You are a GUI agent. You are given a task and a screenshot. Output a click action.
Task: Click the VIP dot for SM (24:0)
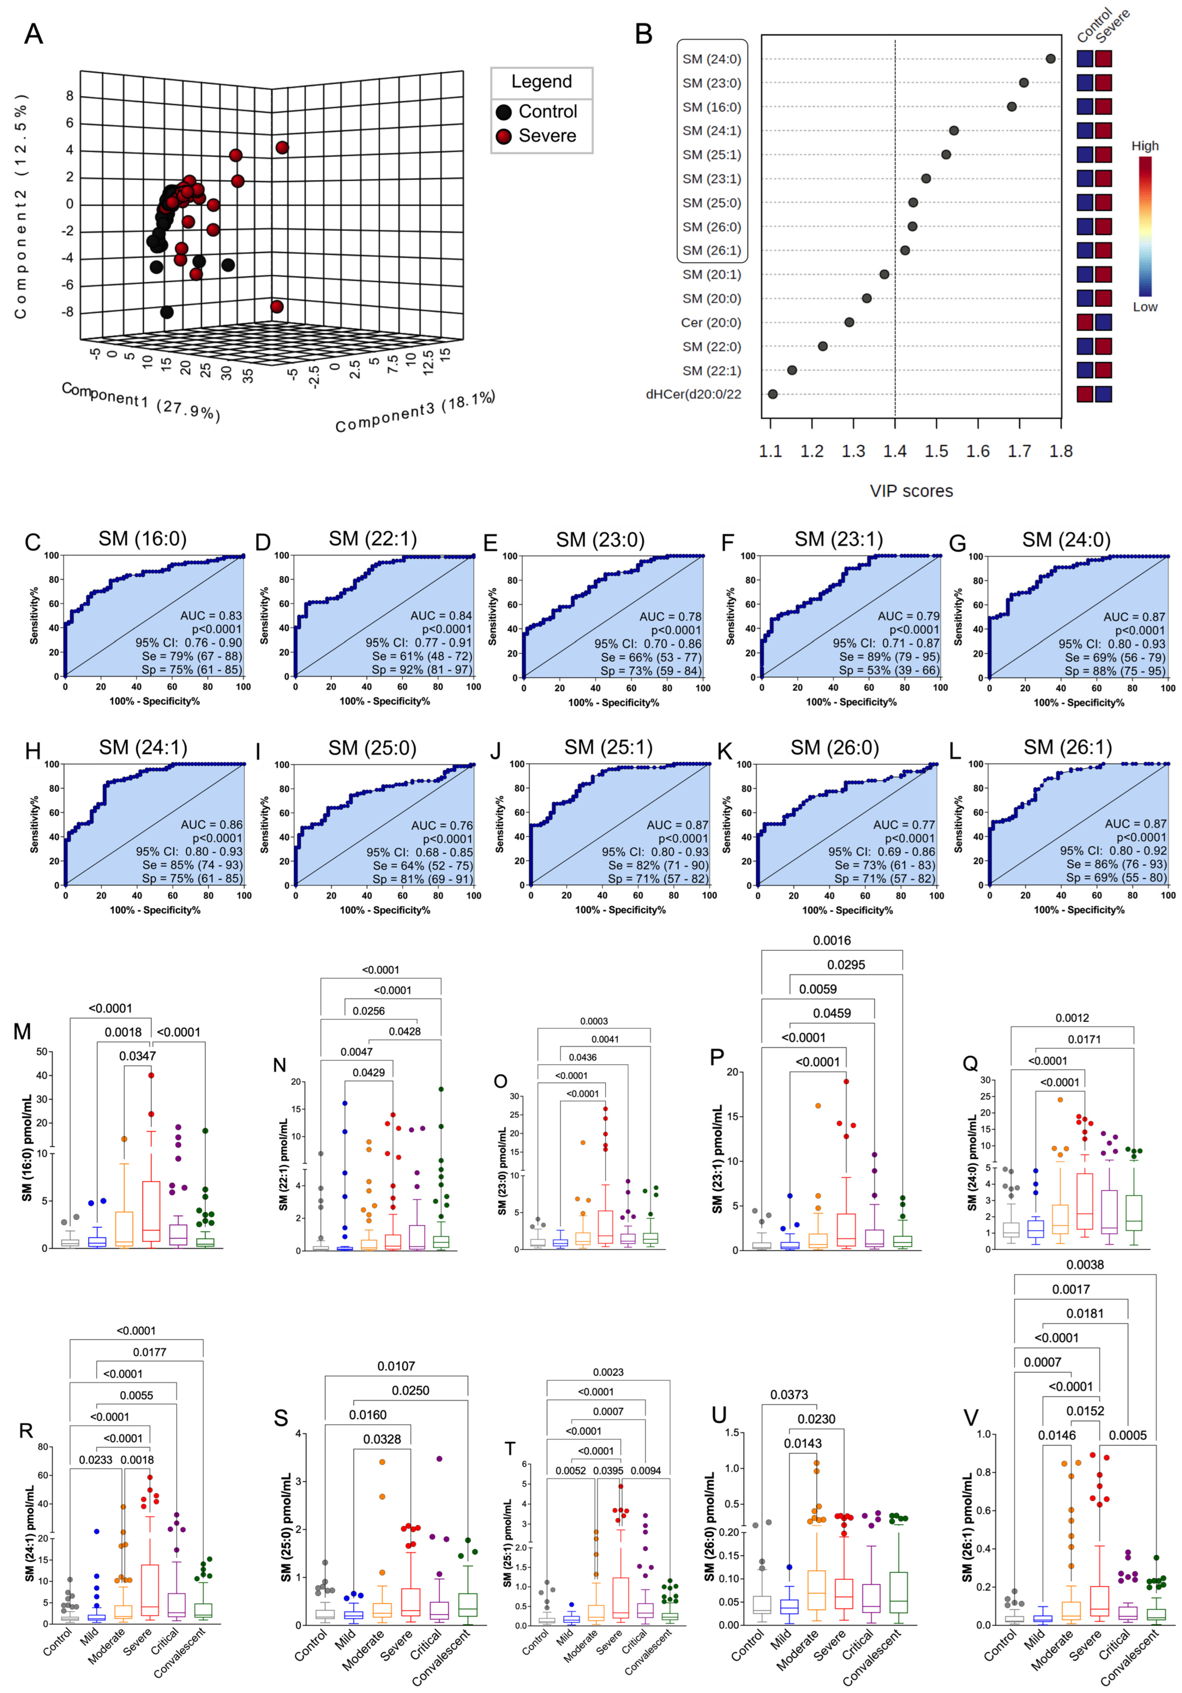[x=1050, y=59]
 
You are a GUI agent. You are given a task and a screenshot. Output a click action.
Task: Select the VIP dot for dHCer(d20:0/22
[x=772, y=395]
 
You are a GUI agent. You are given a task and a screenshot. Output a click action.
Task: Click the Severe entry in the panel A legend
[x=547, y=136]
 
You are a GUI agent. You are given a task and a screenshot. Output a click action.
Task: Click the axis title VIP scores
[x=911, y=491]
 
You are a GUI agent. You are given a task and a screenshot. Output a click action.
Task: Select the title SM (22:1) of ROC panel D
[x=373, y=539]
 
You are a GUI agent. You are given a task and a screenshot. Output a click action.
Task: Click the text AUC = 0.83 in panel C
[x=211, y=616]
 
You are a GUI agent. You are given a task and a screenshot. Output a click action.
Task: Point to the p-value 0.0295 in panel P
[x=846, y=964]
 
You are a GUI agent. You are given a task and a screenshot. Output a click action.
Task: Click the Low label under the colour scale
[x=1144, y=307]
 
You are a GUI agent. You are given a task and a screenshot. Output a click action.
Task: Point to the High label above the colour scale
[x=1144, y=146]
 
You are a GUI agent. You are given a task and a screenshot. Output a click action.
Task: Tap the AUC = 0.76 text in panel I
[x=441, y=825]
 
